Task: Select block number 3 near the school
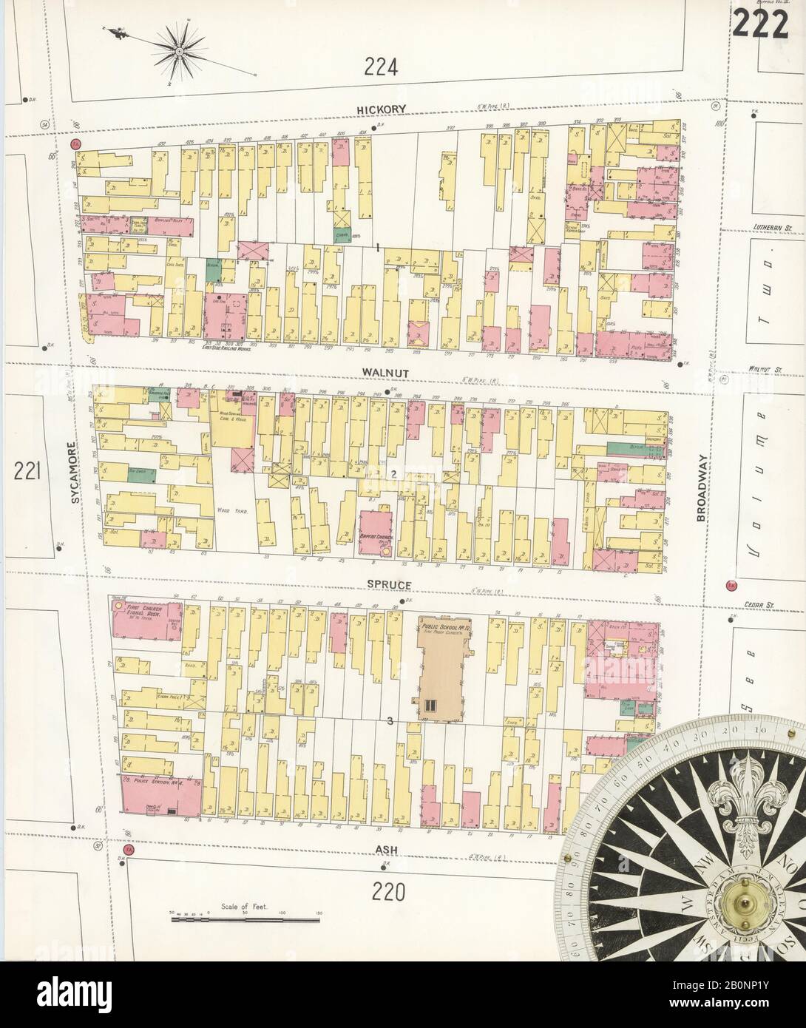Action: (x=387, y=720)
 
